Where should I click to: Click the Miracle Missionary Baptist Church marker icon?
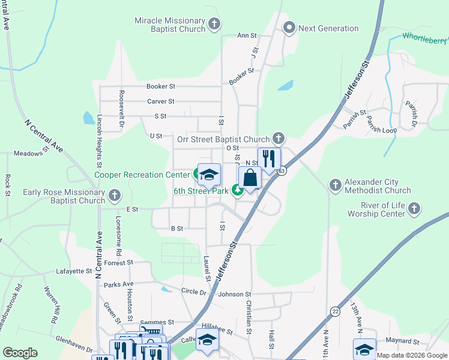[x=214, y=23]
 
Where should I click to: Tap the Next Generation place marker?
[x=289, y=28]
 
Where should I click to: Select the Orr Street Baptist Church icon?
[x=278, y=139]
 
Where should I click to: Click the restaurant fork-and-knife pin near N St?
[x=269, y=159]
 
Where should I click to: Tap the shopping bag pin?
[x=250, y=178]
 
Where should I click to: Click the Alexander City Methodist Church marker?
[x=336, y=185]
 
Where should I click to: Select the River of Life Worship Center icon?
[x=414, y=208]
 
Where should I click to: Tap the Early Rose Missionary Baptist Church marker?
[x=115, y=196]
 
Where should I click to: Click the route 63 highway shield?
[x=281, y=172]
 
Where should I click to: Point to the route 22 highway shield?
[x=334, y=311]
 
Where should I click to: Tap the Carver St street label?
[x=161, y=101]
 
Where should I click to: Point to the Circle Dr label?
[x=193, y=292]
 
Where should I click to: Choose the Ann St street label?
[x=247, y=35]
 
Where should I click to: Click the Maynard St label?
[x=402, y=341]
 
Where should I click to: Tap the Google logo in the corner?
[x=20, y=353]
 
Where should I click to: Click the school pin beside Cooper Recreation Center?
[x=209, y=175]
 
